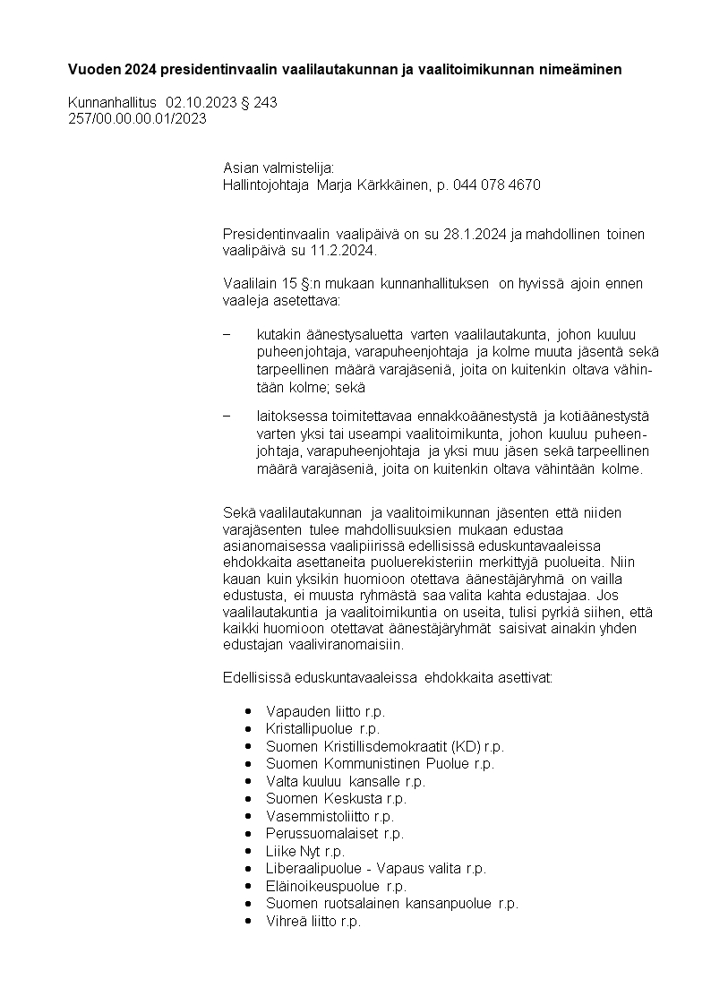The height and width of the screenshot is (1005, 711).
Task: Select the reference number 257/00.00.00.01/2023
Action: [137, 117]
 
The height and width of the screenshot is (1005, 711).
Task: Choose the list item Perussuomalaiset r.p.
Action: [335, 834]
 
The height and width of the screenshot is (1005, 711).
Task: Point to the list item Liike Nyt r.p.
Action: [304, 851]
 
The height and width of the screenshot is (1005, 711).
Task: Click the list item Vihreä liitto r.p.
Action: [313, 921]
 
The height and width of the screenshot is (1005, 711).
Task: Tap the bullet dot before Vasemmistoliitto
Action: [247, 817]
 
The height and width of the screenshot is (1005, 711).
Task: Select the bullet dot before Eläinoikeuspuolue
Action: [247, 887]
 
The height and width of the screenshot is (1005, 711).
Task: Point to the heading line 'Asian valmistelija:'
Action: [278, 167]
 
